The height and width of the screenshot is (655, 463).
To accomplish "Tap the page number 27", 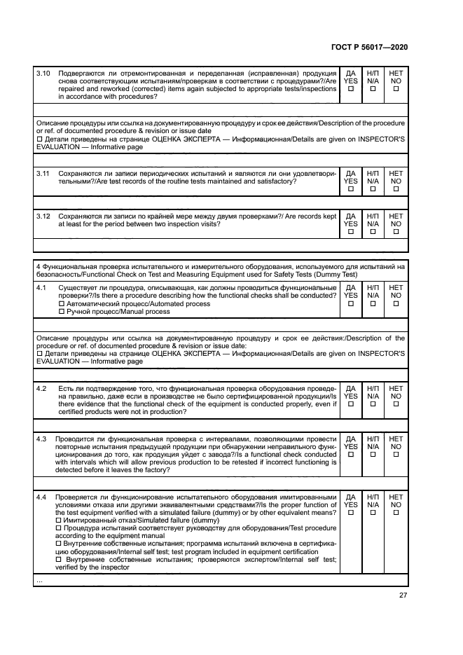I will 403,595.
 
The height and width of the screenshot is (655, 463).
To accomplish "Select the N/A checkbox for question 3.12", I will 373,233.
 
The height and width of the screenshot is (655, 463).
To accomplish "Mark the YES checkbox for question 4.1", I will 351,304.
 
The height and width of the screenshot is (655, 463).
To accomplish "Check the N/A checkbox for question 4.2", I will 373,404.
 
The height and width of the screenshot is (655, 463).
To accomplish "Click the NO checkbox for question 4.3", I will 396,455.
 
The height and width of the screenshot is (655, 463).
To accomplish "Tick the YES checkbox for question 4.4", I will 351,513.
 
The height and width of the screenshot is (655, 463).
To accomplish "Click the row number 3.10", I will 43,73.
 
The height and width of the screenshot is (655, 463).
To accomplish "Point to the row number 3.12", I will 43,216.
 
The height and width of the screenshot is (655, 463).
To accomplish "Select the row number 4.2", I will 41,388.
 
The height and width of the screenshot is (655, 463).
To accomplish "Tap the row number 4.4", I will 41,497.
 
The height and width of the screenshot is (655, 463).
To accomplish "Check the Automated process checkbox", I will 62,304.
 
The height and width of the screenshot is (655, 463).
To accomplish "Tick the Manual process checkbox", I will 62,312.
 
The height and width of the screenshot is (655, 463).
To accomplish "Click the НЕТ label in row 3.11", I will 396,173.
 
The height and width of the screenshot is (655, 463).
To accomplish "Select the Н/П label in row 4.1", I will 373,287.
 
